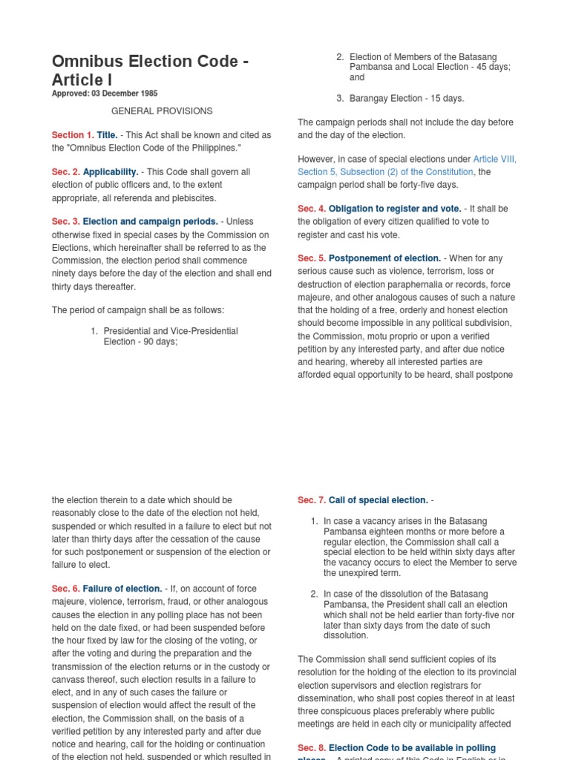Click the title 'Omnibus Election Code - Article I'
[149, 70]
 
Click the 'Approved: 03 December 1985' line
[104, 94]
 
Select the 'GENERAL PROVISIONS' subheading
[162, 111]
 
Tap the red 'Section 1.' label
[73, 135]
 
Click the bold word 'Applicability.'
[111, 172]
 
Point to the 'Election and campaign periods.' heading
[150, 222]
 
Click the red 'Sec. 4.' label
[312, 209]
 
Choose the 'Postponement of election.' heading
[384, 258]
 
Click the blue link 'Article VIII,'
[494, 160]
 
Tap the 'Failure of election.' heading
[122, 589]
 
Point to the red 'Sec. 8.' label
[312, 748]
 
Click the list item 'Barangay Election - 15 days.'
[406, 99]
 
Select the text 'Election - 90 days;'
[140, 342]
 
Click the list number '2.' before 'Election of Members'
[340, 57]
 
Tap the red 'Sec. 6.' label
[65, 589]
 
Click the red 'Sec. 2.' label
[65, 172]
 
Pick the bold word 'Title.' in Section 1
[108, 135]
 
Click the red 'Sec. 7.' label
[312, 500]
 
